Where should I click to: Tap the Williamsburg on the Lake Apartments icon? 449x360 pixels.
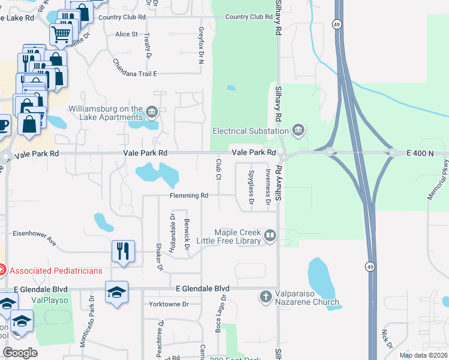152,112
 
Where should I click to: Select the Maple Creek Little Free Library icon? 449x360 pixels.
270,236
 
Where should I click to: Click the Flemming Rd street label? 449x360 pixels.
188,196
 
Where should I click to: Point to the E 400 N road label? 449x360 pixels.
419,154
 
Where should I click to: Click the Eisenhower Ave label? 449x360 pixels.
34,239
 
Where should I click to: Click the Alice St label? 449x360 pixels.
127,34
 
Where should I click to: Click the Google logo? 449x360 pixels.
20,353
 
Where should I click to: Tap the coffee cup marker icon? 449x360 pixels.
3,125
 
